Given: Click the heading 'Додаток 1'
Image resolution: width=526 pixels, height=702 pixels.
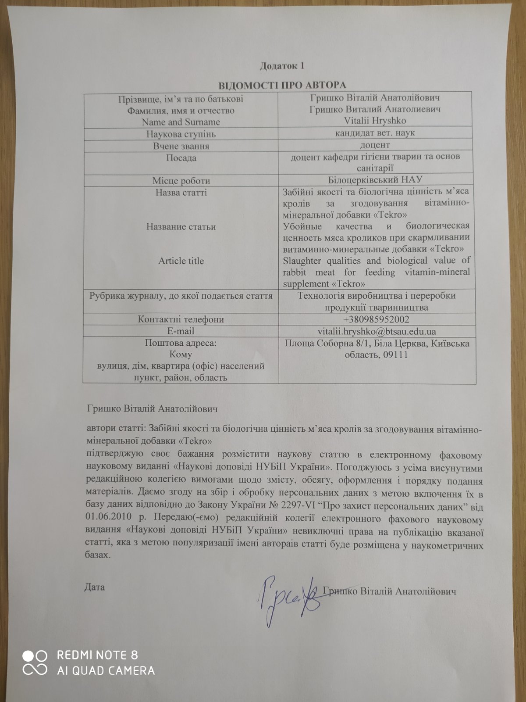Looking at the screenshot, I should click(x=281, y=66).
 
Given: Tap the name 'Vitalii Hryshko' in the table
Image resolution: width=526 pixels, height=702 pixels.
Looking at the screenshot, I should click(x=375, y=121).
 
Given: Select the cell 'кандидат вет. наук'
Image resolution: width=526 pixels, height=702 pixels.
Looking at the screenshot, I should click(x=375, y=133).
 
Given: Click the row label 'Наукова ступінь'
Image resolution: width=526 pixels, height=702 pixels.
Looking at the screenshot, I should click(x=181, y=134).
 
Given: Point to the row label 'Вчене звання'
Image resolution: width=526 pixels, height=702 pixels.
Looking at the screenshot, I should click(x=181, y=146).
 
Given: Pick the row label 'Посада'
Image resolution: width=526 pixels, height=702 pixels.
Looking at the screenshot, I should click(x=181, y=158).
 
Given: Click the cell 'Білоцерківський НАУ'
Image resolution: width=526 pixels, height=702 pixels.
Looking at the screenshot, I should click(x=375, y=180).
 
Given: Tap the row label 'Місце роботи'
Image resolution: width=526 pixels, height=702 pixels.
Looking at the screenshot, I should click(x=181, y=181).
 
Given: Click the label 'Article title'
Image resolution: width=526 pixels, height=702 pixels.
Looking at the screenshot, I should click(x=181, y=261).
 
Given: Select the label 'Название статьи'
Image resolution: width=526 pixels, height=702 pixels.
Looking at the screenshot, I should click(x=181, y=227).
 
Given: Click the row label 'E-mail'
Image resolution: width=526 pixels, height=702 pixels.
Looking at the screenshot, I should click(x=181, y=331).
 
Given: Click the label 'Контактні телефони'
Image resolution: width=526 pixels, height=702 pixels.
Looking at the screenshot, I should click(x=181, y=319).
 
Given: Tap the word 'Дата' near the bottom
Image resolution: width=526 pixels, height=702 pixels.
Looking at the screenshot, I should click(x=94, y=587).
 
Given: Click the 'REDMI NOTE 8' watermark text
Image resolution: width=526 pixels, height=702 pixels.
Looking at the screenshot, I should click(x=97, y=655).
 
